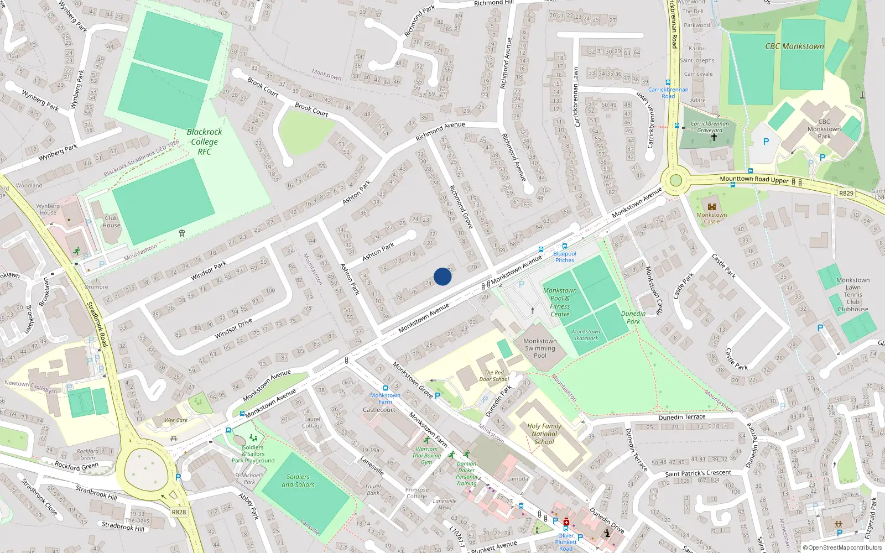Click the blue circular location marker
442,276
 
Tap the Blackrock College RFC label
204,142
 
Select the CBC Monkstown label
794,46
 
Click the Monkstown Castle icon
712,207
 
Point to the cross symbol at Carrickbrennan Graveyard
714,137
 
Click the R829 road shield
846,193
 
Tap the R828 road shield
179,512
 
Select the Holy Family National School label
544,434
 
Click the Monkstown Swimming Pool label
540,348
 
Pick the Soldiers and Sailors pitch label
298,481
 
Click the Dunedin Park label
633,317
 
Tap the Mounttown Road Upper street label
754,179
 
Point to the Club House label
111,221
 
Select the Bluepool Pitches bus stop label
564,257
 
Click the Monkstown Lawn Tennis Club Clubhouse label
852,295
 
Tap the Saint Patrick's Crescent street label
698,473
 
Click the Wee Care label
176,420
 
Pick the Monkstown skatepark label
586,335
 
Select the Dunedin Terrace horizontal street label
682,417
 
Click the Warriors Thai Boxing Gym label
426,456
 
